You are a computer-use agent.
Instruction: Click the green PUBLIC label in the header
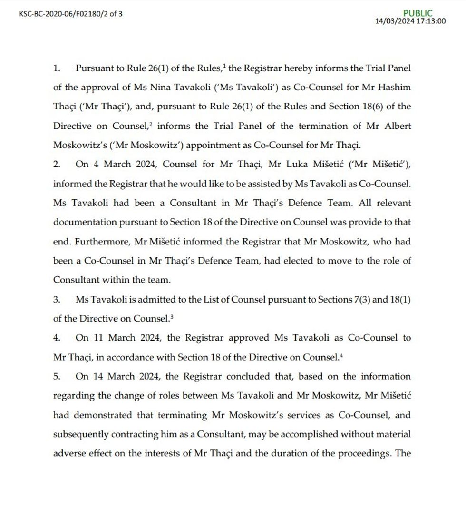tap(418, 13)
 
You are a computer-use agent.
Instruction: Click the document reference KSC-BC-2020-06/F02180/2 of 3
tap(71, 14)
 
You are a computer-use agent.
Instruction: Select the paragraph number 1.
tap(57, 68)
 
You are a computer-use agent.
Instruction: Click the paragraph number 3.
tap(57, 299)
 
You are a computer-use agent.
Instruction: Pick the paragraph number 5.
tap(57, 376)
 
